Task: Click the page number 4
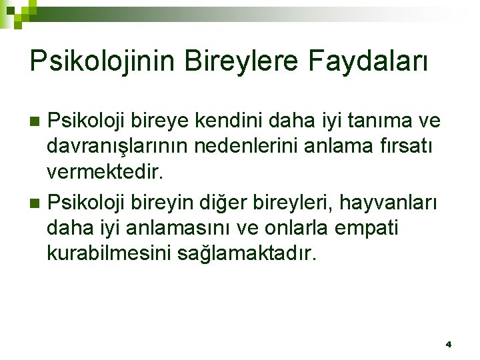point(449,345)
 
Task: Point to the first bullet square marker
point(37,121)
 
